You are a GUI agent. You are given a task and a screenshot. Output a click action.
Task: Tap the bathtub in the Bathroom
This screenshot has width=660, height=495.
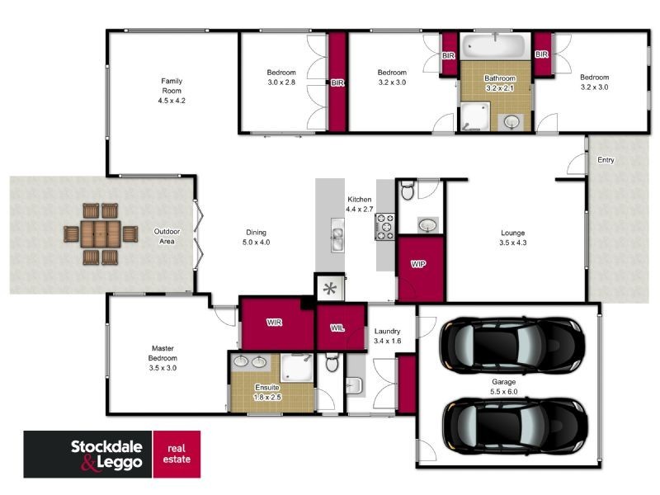(494, 46)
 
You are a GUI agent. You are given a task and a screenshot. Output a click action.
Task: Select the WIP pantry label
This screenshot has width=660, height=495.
(420, 265)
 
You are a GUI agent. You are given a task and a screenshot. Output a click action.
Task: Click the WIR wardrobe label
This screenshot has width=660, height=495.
(275, 323)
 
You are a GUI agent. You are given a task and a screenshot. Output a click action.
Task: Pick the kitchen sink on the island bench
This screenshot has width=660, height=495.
(337, 237)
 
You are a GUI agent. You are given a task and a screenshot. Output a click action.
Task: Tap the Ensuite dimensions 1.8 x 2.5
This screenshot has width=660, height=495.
(268, 397)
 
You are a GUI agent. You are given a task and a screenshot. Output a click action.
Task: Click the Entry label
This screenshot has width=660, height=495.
(606, 161)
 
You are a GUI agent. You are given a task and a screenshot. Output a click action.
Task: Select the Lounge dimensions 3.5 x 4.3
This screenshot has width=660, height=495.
(512, 243)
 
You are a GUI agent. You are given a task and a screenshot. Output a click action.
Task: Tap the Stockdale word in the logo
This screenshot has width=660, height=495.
(105, 445)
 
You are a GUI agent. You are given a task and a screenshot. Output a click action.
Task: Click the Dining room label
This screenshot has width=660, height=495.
(257, 233)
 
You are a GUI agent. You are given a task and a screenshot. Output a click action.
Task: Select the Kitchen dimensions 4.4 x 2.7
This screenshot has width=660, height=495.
(360, 210)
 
